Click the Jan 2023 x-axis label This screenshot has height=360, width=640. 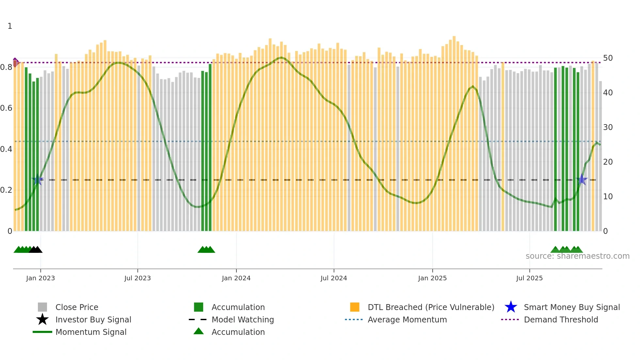pyautogui.click(x=40, y=278)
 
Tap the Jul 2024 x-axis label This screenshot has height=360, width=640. pyautogui.click(x=334, y=278)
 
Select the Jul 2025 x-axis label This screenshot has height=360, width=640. pyautogui.click(x=529, y=278)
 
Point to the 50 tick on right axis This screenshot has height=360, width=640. pyautogui.click(x=608, y=58)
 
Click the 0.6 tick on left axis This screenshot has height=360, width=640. pyautogui.click(x=6, y=108)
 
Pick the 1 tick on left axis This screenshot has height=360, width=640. pyautogui.click(x=10, y=26)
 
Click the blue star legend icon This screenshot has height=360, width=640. pyautogui.click(x=511, y=307)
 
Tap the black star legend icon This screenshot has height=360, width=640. pyautogui.click(x=42, y=319)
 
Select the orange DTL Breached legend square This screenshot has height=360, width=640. pyautogui.click(x=355, y=307)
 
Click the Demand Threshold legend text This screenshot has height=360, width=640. pyautogui.click(x=561, y=319)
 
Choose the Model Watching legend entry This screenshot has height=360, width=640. pyautogui.click(x=243, y=319)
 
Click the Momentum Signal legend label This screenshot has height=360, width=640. pyautogui.click(x=91, y=332)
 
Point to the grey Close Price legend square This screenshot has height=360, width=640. pyautogui.click(x=42, y=307)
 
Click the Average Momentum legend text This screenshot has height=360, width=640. pyautogui.click(x=407, y=319)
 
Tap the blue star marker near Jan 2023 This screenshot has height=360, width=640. pyautogui.click(x=38, y=180)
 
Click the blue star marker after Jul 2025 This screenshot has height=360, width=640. pyautogui.click(x=582, y=180)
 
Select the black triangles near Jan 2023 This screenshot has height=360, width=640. pyautogui.click(x=36, y=250)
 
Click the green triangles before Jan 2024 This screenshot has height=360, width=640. pyautogui.click(x=206, y=250)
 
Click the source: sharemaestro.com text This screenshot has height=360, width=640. pyautogui.click(x=577, y=256)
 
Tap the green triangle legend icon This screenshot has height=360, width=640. pyautogui.click(x=199, y=331)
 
